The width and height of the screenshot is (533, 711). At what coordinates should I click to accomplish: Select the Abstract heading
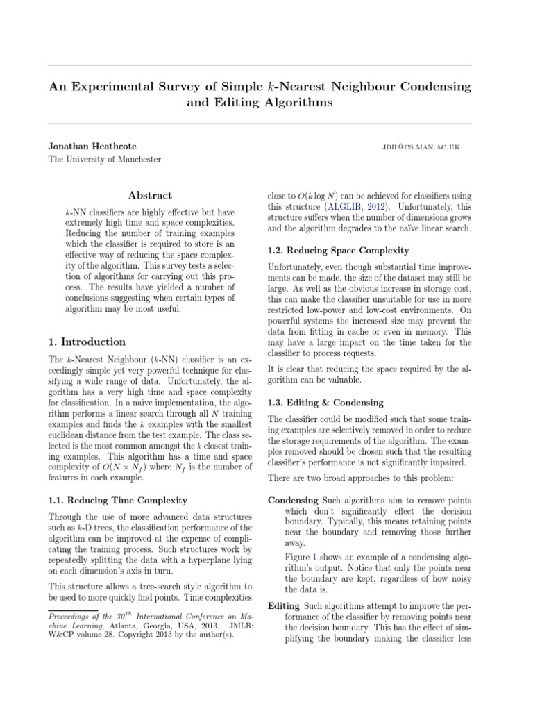[x=150, y=196]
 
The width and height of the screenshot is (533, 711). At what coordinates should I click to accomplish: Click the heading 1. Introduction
[x=87, y=342]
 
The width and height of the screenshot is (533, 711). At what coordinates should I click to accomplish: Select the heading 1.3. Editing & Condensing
[x=323, y=402]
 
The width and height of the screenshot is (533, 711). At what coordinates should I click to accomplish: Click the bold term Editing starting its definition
[x=284, y=605]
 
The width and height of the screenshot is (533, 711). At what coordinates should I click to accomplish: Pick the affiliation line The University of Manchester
[x=104, y=160]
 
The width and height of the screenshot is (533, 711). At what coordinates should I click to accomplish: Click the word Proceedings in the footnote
[x=71, y=616]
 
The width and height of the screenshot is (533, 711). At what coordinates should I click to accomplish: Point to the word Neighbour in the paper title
[x=365, y=87]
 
